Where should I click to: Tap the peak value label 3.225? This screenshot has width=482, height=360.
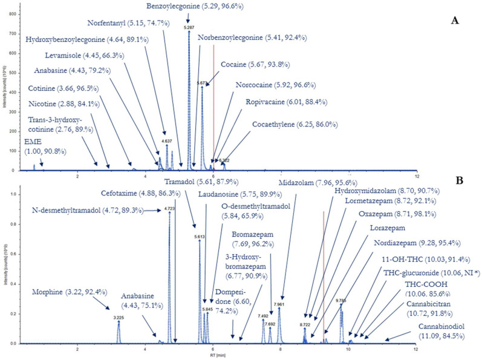point(119,316)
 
